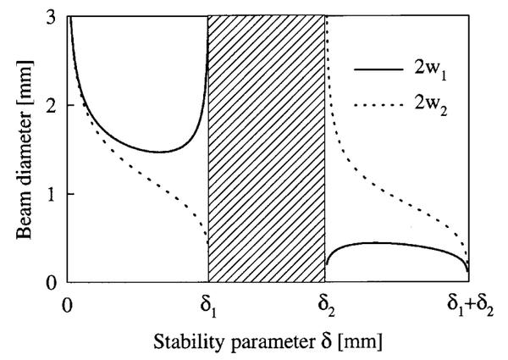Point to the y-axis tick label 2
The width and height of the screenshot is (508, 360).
coord(53,106)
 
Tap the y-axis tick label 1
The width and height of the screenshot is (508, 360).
coord(53,194)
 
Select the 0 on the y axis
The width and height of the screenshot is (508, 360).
coord(53,282)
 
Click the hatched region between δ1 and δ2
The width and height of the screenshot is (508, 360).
coord(267,148)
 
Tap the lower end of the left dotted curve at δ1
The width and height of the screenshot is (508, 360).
coord(207,244)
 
